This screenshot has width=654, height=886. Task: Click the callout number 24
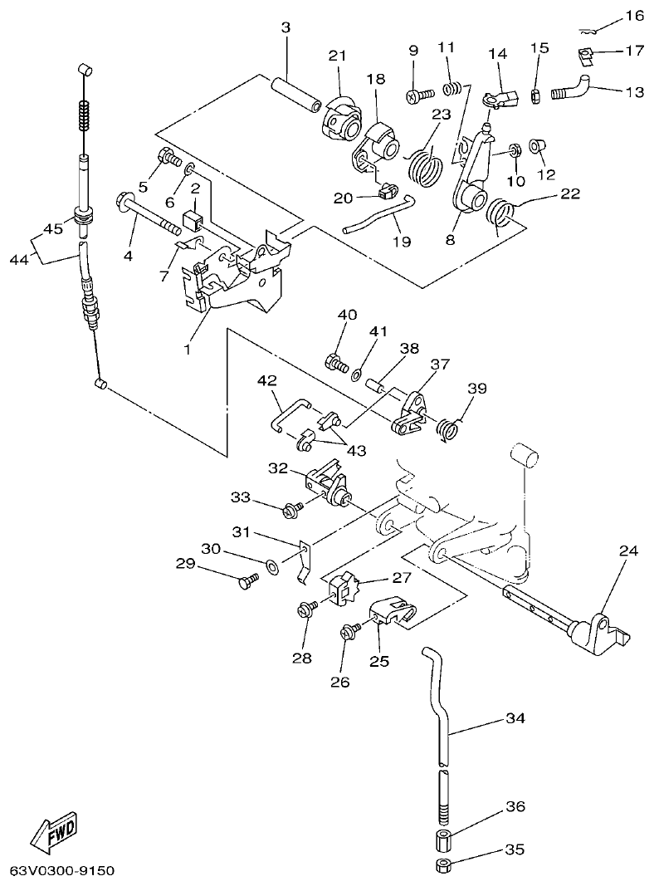coord(628,550)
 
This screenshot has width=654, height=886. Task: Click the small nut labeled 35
coord(443,868)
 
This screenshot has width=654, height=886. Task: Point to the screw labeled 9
coord(419,96)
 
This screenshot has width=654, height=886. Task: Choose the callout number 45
coord(53,229)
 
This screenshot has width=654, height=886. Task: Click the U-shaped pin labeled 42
coord(290,412)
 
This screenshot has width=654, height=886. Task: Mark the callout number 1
coord(187,350)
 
